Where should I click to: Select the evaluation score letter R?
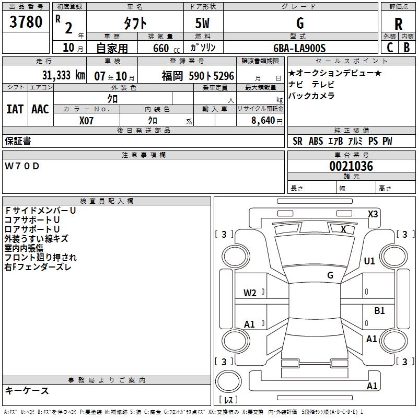(x=398, y=24)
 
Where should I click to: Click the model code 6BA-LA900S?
(x=300, y=48)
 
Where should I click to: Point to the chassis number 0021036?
(x=351, y=166)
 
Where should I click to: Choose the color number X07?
(x=86, y=120)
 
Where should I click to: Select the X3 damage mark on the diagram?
(x=373, y=214)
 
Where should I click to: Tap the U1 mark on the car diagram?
(x=369, y=261)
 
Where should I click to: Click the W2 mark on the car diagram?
(x=250, y=293)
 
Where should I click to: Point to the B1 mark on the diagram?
(x=379, y=311)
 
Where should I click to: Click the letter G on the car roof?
(x=330, y=275)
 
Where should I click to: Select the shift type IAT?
(x=15, y=109)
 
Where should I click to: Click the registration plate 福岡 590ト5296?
(x=198, y=76)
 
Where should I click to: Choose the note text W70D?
(x=22, y=166)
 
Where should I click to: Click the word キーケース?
(x=27, y=390)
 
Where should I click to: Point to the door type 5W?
(x=203, y=24)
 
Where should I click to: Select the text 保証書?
(x=18, y=141)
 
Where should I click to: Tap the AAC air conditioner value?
(x=40, y=109)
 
